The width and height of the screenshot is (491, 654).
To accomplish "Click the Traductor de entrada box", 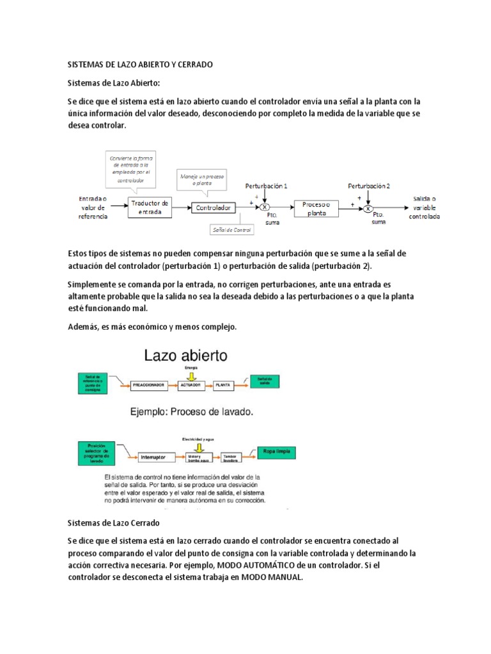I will point(150,208).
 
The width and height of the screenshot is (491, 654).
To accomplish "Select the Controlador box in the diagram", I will point(213,208).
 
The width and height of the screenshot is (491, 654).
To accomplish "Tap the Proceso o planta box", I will point(316,208).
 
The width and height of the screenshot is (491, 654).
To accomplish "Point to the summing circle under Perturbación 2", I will point(368,208).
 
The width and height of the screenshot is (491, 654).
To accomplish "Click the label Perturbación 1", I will point(267,186).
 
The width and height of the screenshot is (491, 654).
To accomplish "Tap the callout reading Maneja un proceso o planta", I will point(201,179).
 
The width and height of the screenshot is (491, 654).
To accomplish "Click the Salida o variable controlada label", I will point(425,208).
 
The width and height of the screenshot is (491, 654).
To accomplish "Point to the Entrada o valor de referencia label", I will point(93,208).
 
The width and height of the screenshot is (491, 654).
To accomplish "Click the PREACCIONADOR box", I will point(149,385).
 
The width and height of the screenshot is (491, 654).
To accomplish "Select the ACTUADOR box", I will point(192,385).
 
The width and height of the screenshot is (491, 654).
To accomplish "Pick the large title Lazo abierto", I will point(185,355).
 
